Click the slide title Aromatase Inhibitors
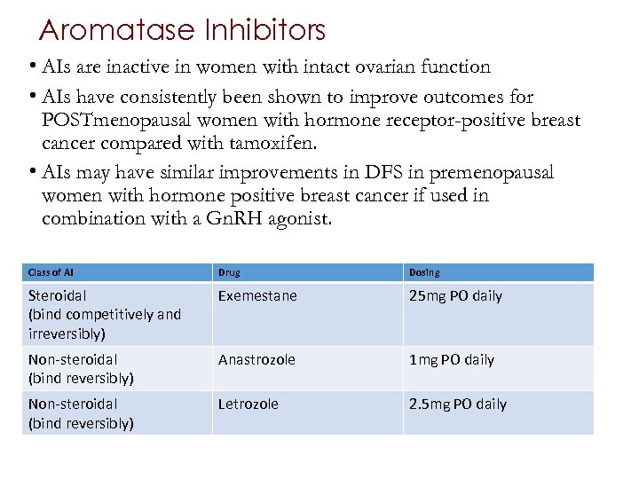(x=183, y=31)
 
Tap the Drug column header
(x=229, y=272)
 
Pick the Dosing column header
(x=424, y=272)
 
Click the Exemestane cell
(x=257, y=296)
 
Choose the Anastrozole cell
(x=256, y=360)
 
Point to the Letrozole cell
(x=248, y=404)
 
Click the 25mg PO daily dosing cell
(x=455, y=296)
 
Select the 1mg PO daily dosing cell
(x=452, y=360)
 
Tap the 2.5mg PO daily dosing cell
(x=458, y=404)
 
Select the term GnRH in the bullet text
(x=237, y=218)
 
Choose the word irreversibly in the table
(x=67, y=334)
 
